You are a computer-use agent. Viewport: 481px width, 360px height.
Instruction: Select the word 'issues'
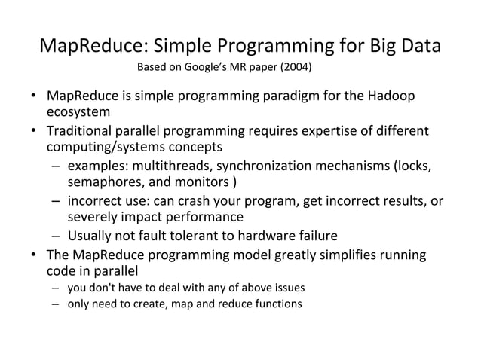(291, 288)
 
